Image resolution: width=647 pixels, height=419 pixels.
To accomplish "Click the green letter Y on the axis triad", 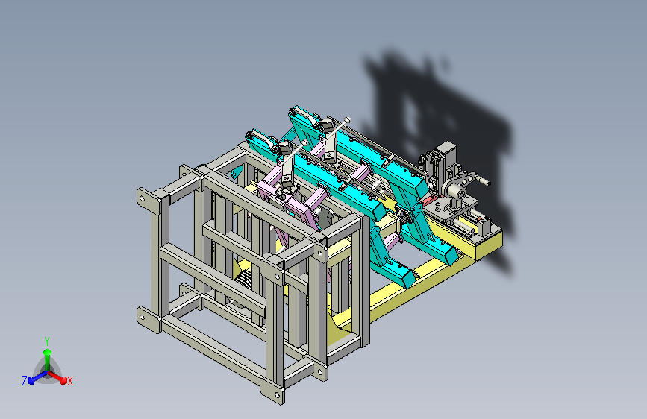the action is pos(47,341).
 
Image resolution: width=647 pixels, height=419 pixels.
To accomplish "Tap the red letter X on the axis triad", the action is pos(69,381).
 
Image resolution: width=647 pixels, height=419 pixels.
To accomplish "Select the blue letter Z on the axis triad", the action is pos(25,381).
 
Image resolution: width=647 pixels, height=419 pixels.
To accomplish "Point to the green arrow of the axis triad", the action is pos(47,359).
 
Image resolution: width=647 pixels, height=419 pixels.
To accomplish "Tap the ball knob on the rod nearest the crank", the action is pos(348,119).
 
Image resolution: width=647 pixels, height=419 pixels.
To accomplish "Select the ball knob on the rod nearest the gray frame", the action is pos(305,142).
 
